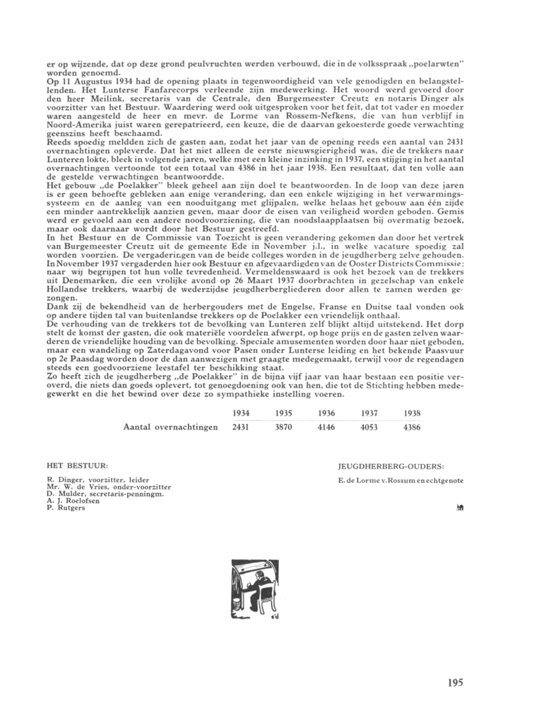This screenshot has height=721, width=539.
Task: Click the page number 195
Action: pos(455,683)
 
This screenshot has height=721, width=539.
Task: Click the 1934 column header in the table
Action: pos(241,414)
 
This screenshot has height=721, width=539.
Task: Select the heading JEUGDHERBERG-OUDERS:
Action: pos(382,466)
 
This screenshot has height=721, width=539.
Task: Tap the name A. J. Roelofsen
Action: pos(75,500)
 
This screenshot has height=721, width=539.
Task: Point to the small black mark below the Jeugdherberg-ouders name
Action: pos(459,508)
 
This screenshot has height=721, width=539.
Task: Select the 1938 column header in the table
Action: pos(412,414)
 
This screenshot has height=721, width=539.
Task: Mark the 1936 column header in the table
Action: pos(326,414)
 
